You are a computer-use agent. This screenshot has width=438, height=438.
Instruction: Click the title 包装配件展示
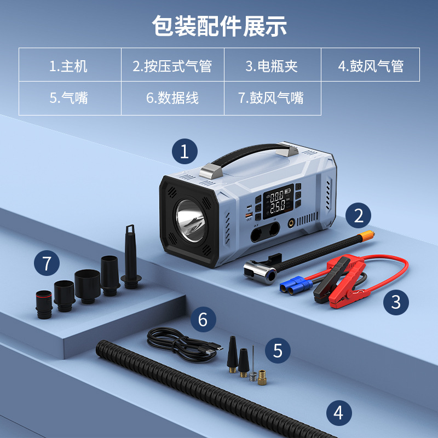(x=220, y=26)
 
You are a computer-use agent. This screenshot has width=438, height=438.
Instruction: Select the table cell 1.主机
(x=70, y=65)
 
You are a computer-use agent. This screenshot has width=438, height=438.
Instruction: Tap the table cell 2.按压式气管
(x=172, y=65)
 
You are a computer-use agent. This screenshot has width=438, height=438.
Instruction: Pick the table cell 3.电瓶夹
(x=272, y=65)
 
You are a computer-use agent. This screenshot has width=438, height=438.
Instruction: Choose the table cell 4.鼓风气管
(x=371, y=65)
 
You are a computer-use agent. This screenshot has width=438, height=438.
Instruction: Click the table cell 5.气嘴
(x=70, y=98)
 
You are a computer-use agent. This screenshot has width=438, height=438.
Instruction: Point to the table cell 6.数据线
(x=172, y=98)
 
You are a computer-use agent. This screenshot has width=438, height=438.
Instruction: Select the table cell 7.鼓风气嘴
(x=272, y=98)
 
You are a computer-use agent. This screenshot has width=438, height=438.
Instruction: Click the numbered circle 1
(x=185, y=152)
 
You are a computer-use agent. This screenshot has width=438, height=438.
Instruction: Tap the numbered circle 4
(x=339, y=413)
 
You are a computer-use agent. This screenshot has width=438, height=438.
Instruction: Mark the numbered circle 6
(x=203, y=319)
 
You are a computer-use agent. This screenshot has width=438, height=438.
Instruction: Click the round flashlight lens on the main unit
(x=190, y=221)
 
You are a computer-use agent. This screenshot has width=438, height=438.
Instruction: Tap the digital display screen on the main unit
(x=278, y=201)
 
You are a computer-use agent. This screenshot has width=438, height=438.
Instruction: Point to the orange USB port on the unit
(x=249, y=215)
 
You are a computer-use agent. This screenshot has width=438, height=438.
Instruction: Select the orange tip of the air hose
(x=366, y=236)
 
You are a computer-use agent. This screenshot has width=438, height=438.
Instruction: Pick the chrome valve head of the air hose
(x=260, y=272)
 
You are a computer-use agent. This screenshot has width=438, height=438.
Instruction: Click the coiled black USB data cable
(x=185, y=345)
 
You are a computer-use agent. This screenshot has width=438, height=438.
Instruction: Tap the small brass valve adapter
(x=262, y=377)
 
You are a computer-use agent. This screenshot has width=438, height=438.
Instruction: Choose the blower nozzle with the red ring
(x=44, y=304)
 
